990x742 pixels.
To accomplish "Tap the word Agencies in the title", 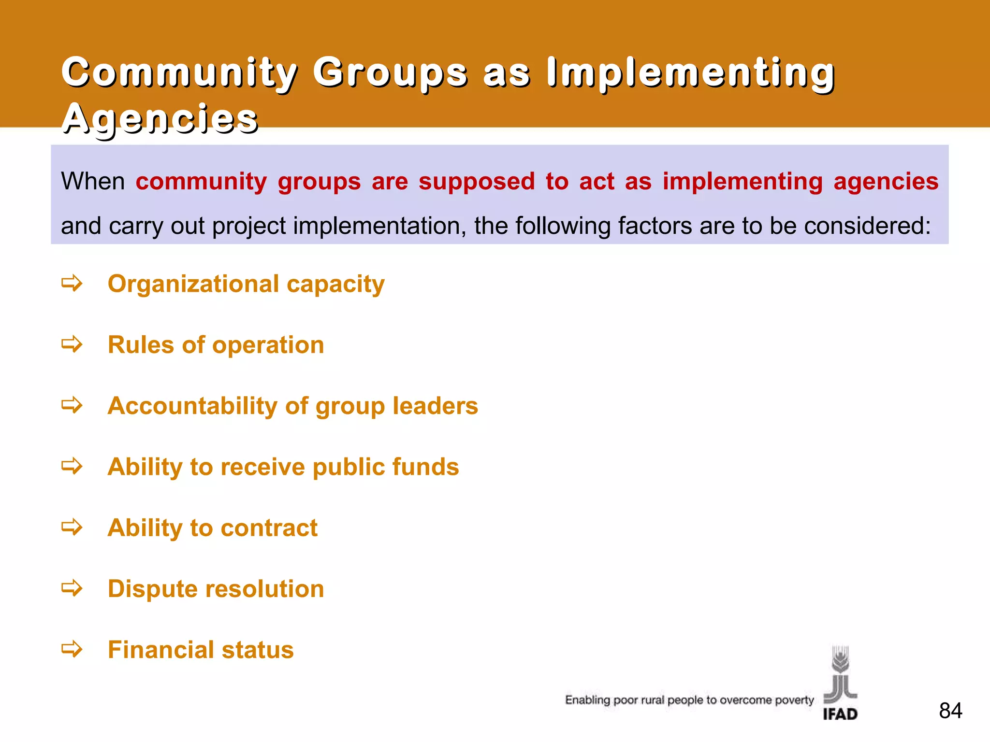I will [x=160, y=119].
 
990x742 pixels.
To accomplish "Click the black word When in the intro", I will [x=93, y=182].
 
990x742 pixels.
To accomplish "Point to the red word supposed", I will [x=476, y=182].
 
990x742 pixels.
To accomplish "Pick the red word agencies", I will [x=886, y=182].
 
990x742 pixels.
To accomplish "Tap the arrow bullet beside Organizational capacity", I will [x=72, y=284].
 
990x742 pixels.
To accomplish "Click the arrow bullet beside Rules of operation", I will [x=72, y=345].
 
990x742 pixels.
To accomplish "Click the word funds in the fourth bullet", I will [x=425, y=467].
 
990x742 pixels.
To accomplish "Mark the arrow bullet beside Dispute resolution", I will [x=72, y=589].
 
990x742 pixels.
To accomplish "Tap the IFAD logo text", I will [x=840, y=714].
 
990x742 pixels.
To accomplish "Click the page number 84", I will [x=950, y=711].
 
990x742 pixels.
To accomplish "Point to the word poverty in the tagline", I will [x=794, y=700].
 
